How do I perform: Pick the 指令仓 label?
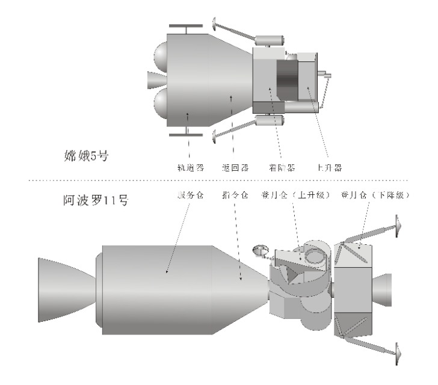point(235,196)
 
